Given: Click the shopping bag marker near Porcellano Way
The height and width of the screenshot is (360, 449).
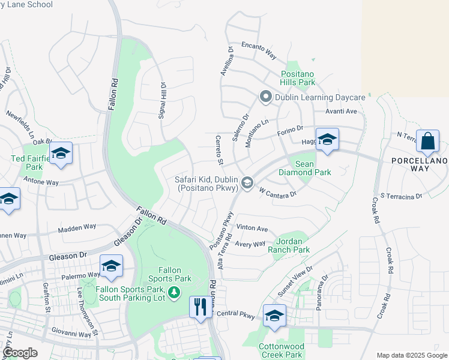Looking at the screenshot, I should click(427, 142).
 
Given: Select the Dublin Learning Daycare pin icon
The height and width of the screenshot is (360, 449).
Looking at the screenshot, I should click(264, 97).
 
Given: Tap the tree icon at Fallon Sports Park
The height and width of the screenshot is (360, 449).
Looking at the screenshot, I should click(174, 292).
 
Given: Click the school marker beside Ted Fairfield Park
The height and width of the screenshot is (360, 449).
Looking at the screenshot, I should click(61, 154).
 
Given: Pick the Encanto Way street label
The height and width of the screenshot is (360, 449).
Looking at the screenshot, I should click(259, 50).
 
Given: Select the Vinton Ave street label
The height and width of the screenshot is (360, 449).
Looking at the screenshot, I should click(252, 228).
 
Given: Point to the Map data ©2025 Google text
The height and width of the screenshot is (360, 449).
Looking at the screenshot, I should click(412, 355).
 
